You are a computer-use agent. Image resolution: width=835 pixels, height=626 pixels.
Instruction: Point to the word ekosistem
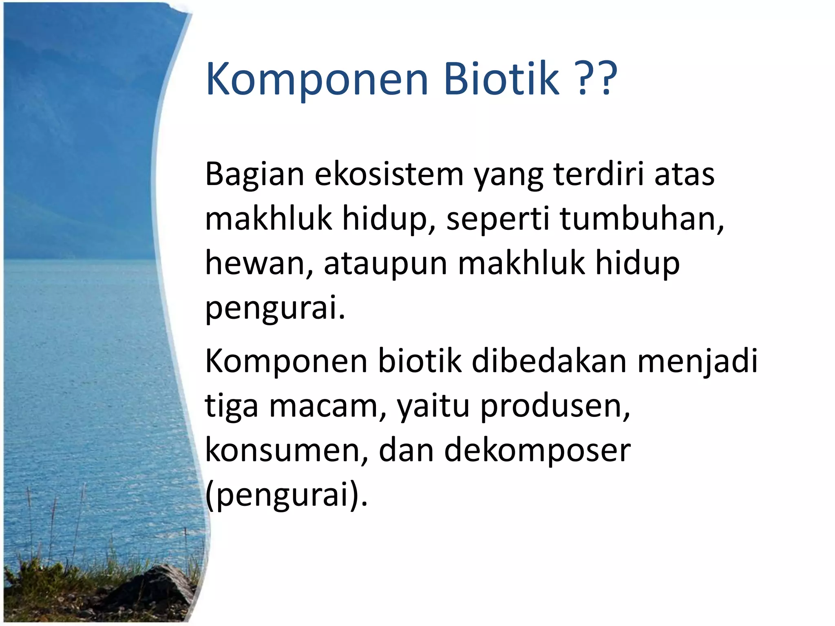click(389, 174)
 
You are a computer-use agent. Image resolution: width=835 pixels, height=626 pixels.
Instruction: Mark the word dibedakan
click(549, 361)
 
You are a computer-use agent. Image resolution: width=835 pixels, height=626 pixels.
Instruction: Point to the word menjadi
click(697, 362)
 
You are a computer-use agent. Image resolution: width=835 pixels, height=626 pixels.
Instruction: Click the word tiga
click(231, 407)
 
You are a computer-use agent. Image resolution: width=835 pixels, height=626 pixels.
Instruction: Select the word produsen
click(554, 407)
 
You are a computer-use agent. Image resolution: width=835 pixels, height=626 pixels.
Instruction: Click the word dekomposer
click(537, 452)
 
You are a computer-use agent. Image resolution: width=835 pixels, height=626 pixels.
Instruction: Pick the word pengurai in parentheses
click(285, 496)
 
